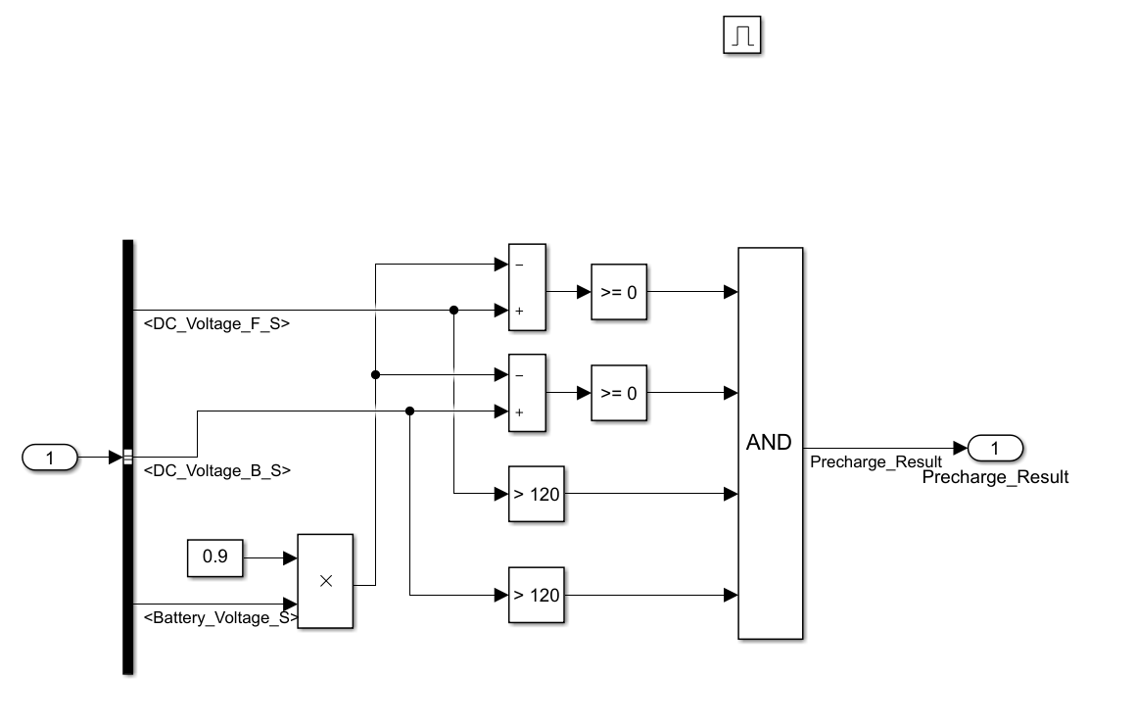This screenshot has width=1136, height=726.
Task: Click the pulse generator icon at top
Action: (742, 37)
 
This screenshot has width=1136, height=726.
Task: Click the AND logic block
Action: (770, 443)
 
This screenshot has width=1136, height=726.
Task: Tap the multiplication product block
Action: (325, 580)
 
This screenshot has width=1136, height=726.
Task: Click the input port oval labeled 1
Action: (49, 457)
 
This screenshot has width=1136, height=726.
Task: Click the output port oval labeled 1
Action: (995, 449)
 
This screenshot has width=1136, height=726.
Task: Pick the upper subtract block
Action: (527, 287)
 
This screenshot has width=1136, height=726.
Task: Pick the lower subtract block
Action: (527, 393)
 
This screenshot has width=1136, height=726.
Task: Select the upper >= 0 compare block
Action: (619, 292)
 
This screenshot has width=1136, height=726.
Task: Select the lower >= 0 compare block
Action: (619, 393)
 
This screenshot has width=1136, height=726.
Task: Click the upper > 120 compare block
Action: (537, 494)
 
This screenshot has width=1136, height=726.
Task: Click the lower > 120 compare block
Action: (537, 595)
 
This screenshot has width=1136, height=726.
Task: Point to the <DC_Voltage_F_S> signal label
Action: (216, 323)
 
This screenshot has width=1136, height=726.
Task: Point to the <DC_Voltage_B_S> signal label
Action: (216, 470)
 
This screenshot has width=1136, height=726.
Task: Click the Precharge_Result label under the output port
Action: (995, 478)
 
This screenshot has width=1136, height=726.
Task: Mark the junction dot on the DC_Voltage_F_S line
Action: (453, 311)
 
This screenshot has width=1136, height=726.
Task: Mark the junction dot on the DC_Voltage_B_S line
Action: (409, 411)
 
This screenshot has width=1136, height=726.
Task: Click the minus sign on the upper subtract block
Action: (518, 266)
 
